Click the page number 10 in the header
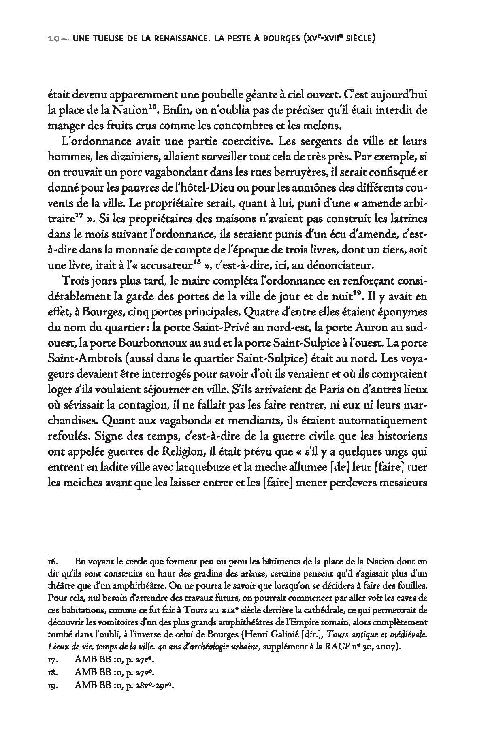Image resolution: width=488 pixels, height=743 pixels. [53, 39]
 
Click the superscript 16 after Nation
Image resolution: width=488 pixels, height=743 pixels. [151, 107]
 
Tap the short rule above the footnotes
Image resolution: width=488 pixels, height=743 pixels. [61, 551]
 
